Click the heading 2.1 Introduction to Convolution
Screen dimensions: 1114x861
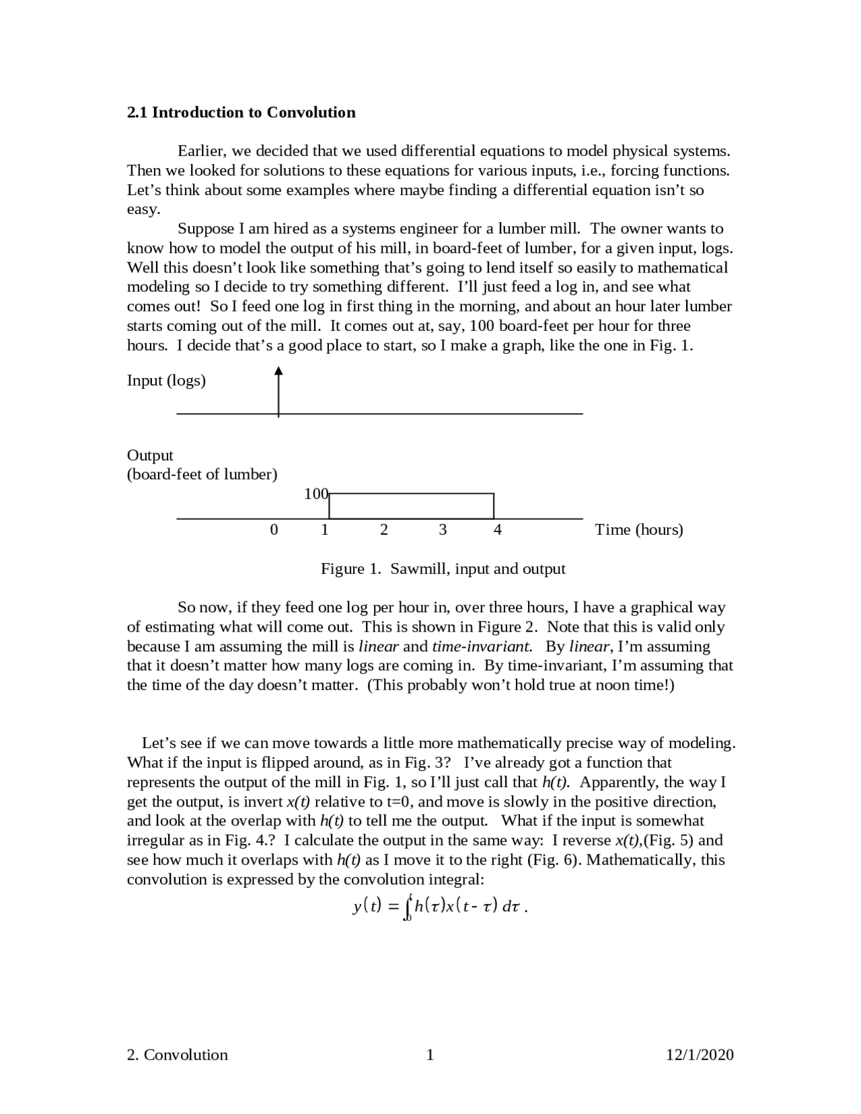pyautogui.click(x=241, y=112)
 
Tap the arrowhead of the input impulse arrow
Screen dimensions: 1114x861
pyautogui.click(x=278, y=371)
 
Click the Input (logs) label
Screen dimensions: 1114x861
pyautogui.click(x=166, y=381)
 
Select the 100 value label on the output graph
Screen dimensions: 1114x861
pyautogui.click(x=315, y=494)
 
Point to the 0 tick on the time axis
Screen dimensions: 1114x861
pyautogui.click(x=273, y=530)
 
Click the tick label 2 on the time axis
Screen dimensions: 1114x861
pyautogui.click(x=383, y=530)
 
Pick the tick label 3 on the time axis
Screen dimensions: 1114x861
pyautogui.click(x=442, y=530)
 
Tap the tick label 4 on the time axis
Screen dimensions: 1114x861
pyautogui.click(x=497, y=530)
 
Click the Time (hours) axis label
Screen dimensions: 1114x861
pyautogui.click(x=638, y=530)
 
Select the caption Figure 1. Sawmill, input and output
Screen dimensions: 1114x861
pyautogui.click(x=443, y=569)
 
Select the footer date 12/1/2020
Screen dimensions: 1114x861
pyautogui.click(x=699, y=1055)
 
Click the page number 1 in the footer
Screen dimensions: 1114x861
pyautogui.click(x=430, y=1055)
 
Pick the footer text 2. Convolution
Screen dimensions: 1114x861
pyautogui.click(x=177, y=1055)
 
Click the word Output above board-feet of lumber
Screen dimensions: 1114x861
pyautogui.click(x=150, y=455)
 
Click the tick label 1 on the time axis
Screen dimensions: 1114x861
pyautogui.click(x=324, y=530)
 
